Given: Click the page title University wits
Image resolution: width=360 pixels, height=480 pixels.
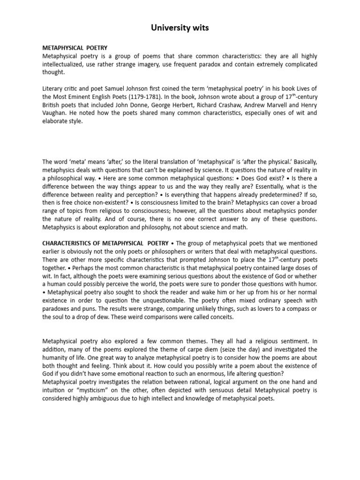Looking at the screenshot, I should [x=180, y=29].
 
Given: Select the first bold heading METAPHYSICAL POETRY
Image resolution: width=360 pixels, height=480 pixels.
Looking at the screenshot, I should [x=75, y=48].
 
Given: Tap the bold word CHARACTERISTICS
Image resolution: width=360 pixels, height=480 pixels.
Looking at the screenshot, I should [x=70, y=243].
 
